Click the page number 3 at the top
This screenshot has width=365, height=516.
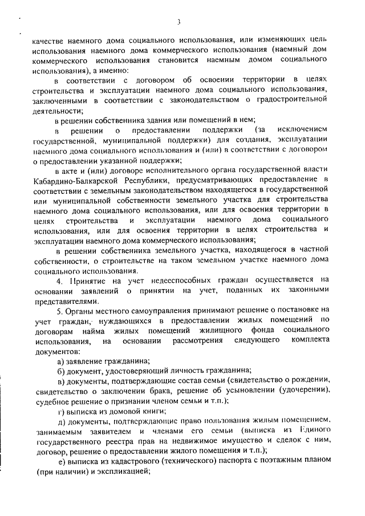click(179, 22)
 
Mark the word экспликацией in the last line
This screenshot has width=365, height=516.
click(125, 473)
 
